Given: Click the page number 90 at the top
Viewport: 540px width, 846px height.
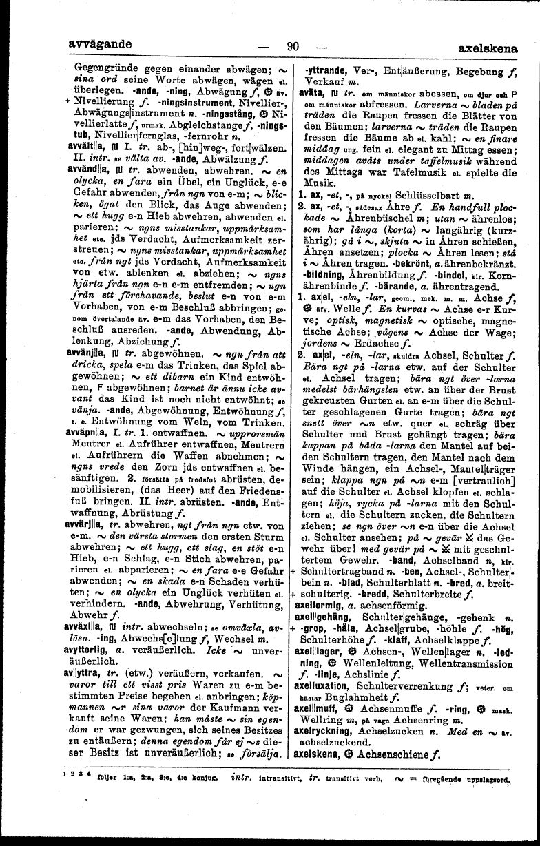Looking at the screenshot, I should click(x=293, y=47).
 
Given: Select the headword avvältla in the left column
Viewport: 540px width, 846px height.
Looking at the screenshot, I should click(x=87, y=145).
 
